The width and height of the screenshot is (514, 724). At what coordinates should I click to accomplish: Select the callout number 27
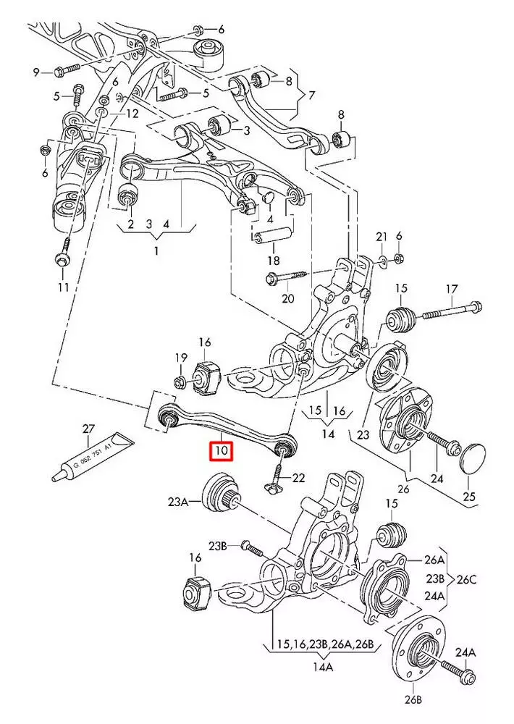pyautogui.click(x=88, y=429)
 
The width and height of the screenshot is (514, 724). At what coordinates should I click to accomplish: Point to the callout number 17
pyautogui.click(x=452, y=290)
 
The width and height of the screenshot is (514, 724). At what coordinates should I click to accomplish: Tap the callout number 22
pyautogui.click(x=298, y=478)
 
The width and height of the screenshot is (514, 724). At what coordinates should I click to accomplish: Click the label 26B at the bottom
pyautogui.click(x=412, y=700)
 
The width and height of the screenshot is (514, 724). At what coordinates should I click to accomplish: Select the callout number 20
pyautogui.click(x=287, y=298)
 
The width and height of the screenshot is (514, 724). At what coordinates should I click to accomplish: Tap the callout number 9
pyautogui.click(x=36, y=72)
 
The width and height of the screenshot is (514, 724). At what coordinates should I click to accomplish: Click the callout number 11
pyautogui.click(x=64, y=288)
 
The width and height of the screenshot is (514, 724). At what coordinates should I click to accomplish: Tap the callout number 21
pyautogui.click(x=382, y=237)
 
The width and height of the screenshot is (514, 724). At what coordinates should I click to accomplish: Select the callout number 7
pyautogui.click(x=312, y=95)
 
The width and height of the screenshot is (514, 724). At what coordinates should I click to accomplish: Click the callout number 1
pyautogui.click(x=156, y=251)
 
